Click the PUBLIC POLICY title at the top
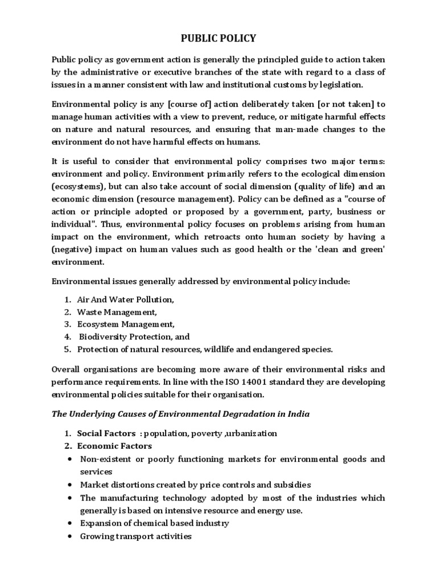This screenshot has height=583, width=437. click(218, 39)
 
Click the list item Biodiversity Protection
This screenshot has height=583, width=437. click(134, 336)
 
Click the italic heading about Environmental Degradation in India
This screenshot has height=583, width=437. click(181, 414)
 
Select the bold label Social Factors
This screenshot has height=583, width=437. click(102, 433)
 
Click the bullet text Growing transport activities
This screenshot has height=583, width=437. click(135, 536)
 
